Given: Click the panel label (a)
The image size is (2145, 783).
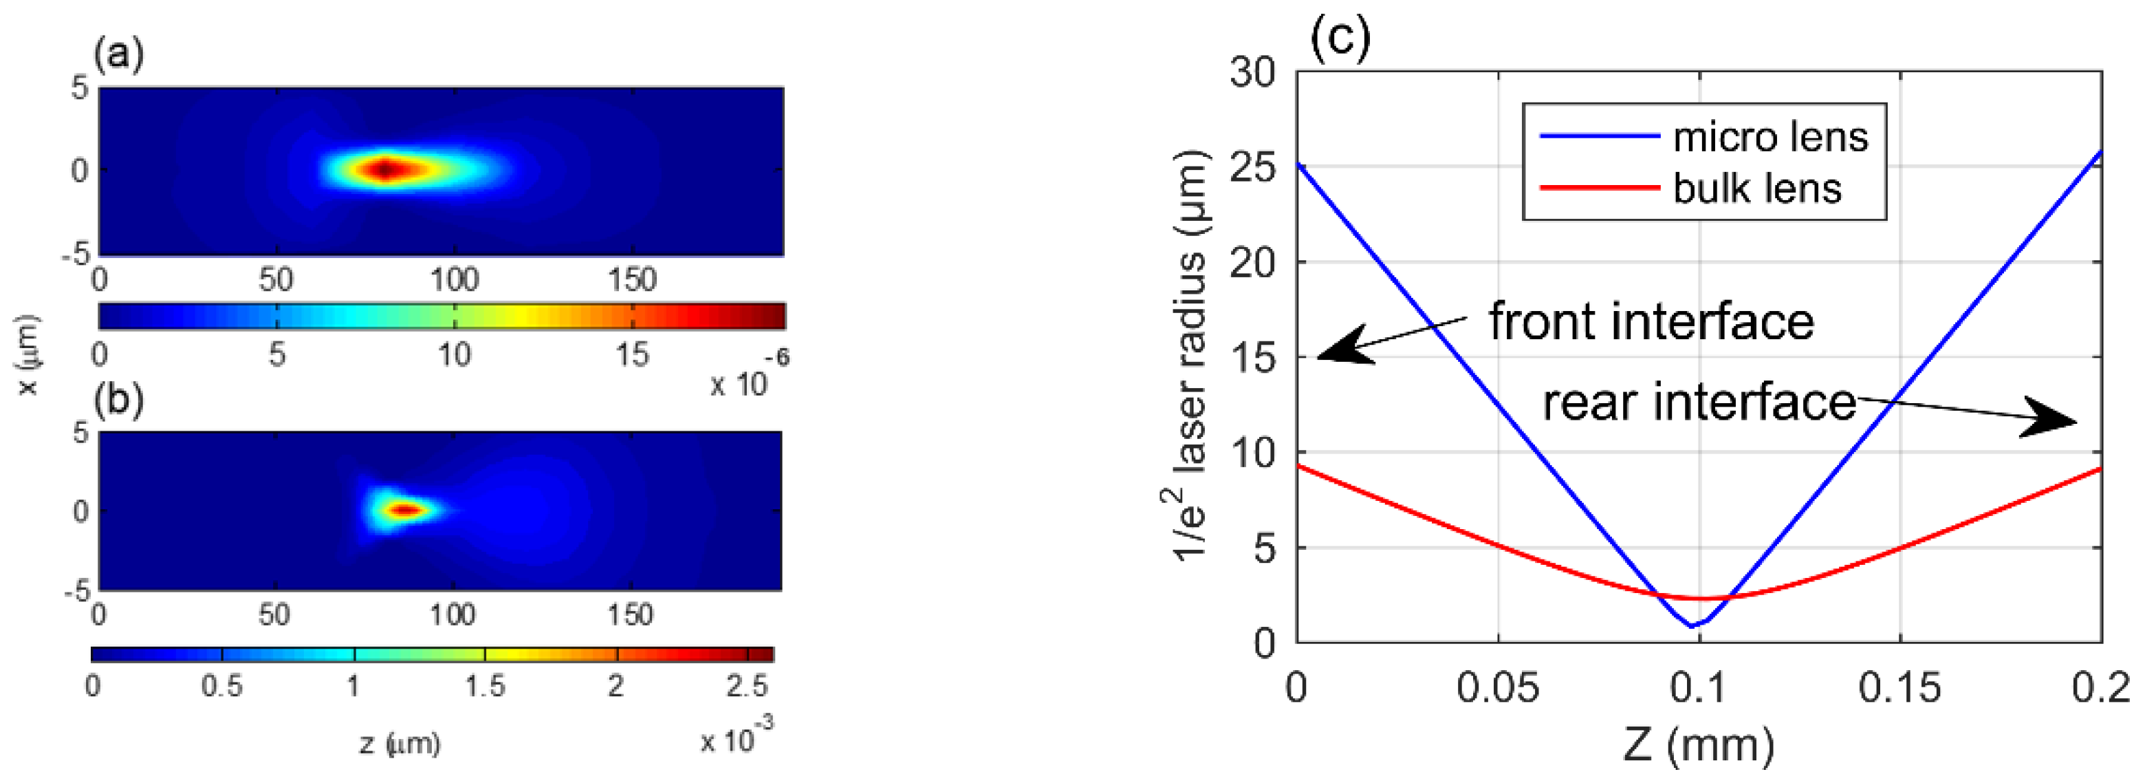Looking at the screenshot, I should click(118, 56).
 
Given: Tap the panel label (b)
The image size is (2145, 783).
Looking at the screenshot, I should click(118, 400).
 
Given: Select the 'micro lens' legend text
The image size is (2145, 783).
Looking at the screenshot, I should click(1770, 137).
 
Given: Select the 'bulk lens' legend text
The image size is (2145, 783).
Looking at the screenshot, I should click(1757, 189).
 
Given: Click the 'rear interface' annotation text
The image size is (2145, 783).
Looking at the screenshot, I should click(1699, 403).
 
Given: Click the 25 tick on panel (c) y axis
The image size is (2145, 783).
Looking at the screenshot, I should click(1253, 167).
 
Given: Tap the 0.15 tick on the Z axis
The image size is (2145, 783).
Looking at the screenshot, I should click(1899, 688).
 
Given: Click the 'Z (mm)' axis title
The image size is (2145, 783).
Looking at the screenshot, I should click(1699, 744).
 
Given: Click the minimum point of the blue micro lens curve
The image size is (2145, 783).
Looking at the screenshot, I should click(1691, 625).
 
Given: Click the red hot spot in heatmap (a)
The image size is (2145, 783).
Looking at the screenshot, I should click(384, 170).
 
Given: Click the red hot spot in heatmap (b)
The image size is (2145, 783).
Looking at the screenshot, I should click(404, 510).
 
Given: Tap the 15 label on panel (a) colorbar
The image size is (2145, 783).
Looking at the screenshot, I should click(631, 356).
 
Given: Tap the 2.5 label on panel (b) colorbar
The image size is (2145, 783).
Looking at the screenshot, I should click(747, 685).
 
